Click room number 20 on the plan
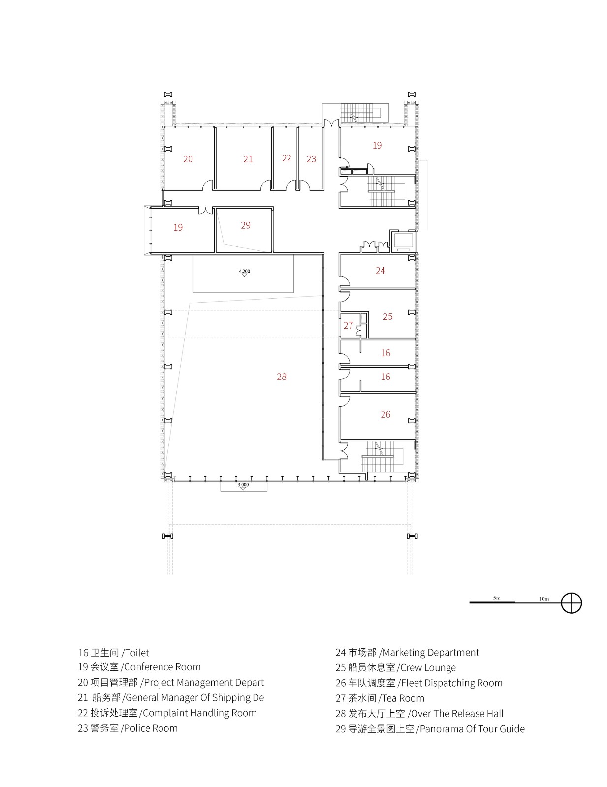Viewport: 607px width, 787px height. click(x=188, y=159)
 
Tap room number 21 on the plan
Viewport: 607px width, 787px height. click(x=248, y=159)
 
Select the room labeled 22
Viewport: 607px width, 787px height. click(x=287, y=158)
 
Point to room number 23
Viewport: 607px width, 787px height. click(x=311, y=159)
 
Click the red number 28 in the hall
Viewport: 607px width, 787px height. click(x=282, y=377)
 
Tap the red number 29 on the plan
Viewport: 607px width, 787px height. click(x=246, y=225)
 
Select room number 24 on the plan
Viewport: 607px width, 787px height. click(x=380, y=270)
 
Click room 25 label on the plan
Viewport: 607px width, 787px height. click(x=387, y=316)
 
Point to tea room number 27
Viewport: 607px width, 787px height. click(x=348, y=325)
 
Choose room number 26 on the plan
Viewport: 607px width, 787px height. click(x=385, y=414)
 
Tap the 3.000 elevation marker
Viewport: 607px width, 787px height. click(x=243, y=485)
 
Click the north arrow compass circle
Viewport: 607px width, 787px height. click(x=572, y=602)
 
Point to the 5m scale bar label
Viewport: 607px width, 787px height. click(x=496, y=598)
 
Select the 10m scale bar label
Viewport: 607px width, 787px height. click(x=543, y=599)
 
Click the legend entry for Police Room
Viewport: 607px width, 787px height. click(x=128, y=728)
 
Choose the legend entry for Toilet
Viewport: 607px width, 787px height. click(x=113, y=653)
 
